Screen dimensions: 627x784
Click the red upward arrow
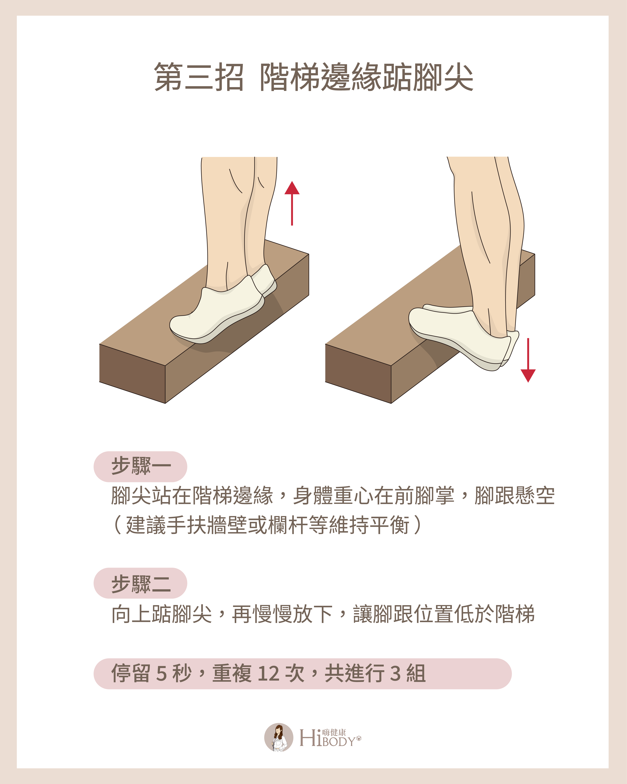pyautogui.click(x=292, y=204)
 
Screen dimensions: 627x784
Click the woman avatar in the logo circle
pyautogui.click(x=278, y=737)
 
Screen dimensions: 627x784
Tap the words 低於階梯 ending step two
pyautogui.click(x=494, y=615)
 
